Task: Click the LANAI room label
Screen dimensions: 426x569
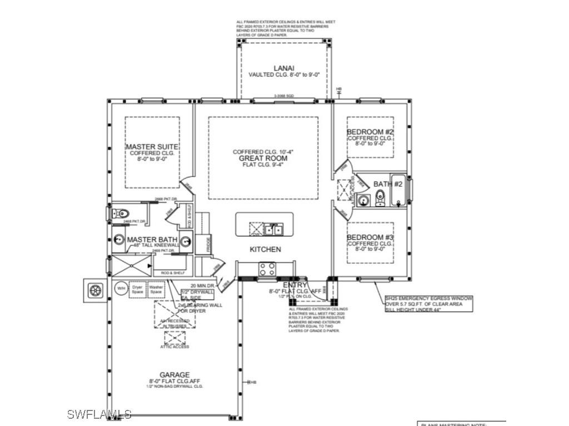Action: [x=283, y=68]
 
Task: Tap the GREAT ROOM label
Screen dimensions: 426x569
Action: [x=263, y=158]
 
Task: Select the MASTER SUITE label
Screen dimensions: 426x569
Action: [x=152, y=146]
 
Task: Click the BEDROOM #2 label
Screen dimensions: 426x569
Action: [x=370, y=133]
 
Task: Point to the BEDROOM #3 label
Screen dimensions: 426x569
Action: [x=370, y=238]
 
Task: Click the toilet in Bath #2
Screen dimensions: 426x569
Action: [x=380, y=197]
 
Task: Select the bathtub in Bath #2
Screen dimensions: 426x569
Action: [x=398, y=191]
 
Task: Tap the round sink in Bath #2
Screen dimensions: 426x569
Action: [x=364, y=200]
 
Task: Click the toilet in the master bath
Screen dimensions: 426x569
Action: [x=122, y=214]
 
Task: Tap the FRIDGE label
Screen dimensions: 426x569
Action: [x=209, y=245]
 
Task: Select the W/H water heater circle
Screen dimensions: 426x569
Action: [x=121, y=289]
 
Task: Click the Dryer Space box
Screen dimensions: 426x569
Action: [x=137, y=290]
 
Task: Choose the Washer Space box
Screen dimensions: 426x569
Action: [x=156, y=290]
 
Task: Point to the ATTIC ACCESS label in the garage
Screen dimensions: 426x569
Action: [x=174, y=347]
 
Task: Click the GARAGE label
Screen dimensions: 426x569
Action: [x=175, y=375]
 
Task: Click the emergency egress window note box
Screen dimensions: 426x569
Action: [x=429, y=304]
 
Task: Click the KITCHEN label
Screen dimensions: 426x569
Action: [x=265, y=250]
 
